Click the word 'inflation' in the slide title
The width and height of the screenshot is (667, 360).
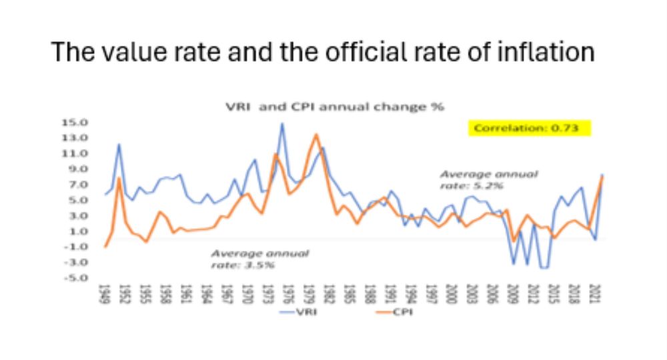545,52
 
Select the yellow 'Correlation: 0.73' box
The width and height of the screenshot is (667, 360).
530,128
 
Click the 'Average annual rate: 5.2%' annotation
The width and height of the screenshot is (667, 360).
488,179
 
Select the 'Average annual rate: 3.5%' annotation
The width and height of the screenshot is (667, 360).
259,260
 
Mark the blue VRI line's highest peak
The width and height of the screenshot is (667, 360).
282,123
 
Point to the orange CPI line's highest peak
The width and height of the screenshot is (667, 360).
316,135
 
